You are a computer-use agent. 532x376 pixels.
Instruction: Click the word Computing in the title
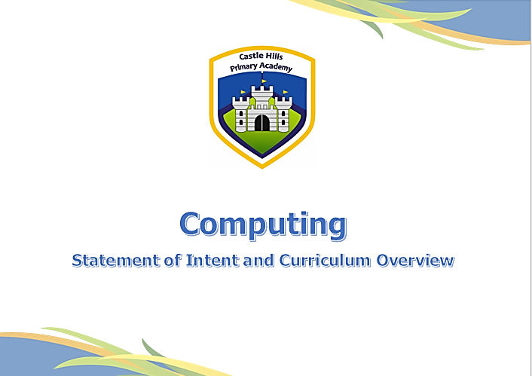tap(263, 225)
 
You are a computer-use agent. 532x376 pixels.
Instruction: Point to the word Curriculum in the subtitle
tap(325, 260)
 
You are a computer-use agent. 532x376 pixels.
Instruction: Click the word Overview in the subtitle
tap(415, 260)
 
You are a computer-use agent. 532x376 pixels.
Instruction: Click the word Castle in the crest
tap(252, 56)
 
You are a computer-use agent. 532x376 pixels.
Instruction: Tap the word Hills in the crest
tap(274, 57)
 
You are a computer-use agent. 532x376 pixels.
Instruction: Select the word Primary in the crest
tap(243, 67)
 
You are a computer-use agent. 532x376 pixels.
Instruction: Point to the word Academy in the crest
tap(276, 67)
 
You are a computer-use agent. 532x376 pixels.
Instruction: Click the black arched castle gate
tap(262, 123)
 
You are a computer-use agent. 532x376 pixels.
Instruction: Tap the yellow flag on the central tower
tap(264, 81)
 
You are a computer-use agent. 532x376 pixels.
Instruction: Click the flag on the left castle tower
tap(243, 92)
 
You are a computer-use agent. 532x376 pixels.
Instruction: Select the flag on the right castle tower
tap(286, 92)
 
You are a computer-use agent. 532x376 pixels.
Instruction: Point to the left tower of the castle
tap(240, 115)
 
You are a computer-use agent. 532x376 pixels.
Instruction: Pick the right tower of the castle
tap(283, 115)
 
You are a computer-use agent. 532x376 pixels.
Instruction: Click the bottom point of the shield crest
tap(262, 168)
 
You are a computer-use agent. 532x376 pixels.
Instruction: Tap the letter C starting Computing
tap(189, 223)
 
